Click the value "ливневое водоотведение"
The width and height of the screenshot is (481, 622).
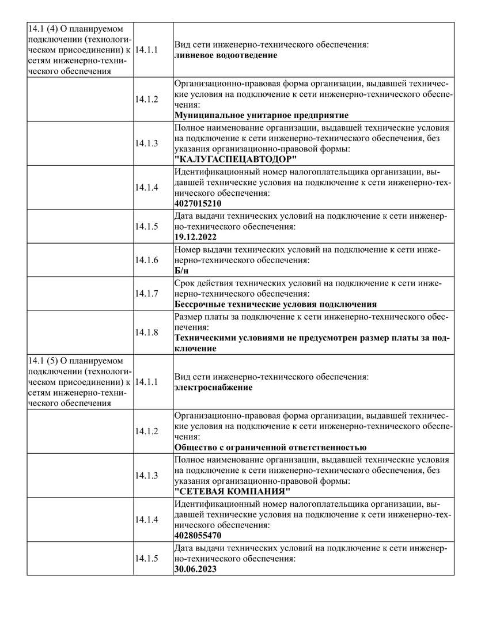pos(225,55)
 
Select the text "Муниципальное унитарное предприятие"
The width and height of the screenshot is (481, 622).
pos(261,115)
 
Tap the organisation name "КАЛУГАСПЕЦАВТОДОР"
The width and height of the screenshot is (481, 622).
pos(236,159)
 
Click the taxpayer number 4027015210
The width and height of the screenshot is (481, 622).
pos(198,203)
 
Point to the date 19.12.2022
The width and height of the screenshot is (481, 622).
pos(195,237)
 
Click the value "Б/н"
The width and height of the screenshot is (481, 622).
pos(181,270)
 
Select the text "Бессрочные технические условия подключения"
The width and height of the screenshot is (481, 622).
pos(275,304)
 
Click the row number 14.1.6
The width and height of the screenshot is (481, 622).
pos(146,260)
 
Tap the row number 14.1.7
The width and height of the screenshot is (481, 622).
pos(146,293)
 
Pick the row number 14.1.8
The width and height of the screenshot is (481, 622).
pos(146,332)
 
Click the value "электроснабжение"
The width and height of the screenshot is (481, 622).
pos(213,387)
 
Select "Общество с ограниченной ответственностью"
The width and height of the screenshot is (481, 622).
pos(270,447)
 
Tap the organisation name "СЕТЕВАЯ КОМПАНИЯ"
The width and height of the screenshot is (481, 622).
pos(232,491)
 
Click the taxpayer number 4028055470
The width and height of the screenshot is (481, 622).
pos(198,536)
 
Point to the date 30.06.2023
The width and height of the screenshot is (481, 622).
pos(195,569)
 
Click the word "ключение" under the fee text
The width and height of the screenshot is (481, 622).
pos(195,348)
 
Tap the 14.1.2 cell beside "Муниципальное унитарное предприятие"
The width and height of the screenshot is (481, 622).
pos(146,99)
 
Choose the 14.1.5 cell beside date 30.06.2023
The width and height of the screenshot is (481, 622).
pos(146,559)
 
